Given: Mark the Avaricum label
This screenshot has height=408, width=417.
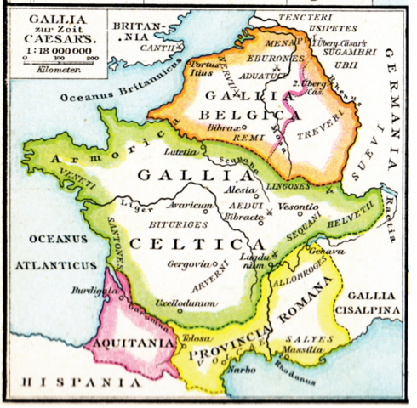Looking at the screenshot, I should [188, 205].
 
